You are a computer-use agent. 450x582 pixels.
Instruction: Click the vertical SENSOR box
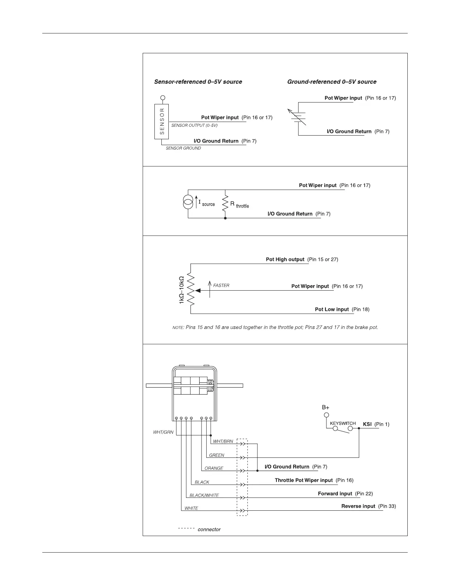(x=162, y=122)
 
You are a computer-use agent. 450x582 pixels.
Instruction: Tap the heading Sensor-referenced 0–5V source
(x=198, y=82)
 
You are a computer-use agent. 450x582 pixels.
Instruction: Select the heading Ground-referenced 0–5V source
(x=332, y=82)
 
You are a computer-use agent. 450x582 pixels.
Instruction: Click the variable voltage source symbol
(x=298, y=117)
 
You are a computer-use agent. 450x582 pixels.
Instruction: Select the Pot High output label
(x=285, y=259)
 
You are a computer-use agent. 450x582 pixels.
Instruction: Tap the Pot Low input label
(x=332, y=309)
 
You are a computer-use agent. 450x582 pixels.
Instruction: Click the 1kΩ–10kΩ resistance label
(x=181, y=290)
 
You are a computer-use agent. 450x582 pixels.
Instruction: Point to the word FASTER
(x=221, y=285)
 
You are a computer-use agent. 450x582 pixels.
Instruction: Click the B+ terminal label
(x=326, y=407)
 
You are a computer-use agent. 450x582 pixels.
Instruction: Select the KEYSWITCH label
(x=343, y=423)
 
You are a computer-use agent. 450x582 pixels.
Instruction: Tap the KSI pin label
(x=367, y=424)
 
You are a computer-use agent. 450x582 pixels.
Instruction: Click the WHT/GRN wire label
(x=163, y=432)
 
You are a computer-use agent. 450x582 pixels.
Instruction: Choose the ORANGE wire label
(x=214, y=468)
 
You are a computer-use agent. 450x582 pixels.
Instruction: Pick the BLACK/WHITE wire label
(x=204, y=495)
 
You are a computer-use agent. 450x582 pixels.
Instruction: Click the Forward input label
(x=335, y=493)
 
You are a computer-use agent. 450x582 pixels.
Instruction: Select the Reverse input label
(x=358, y=506)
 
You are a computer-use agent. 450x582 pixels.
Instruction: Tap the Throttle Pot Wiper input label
(x=304, y=480)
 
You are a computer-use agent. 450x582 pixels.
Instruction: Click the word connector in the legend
(x=209, y=529)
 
